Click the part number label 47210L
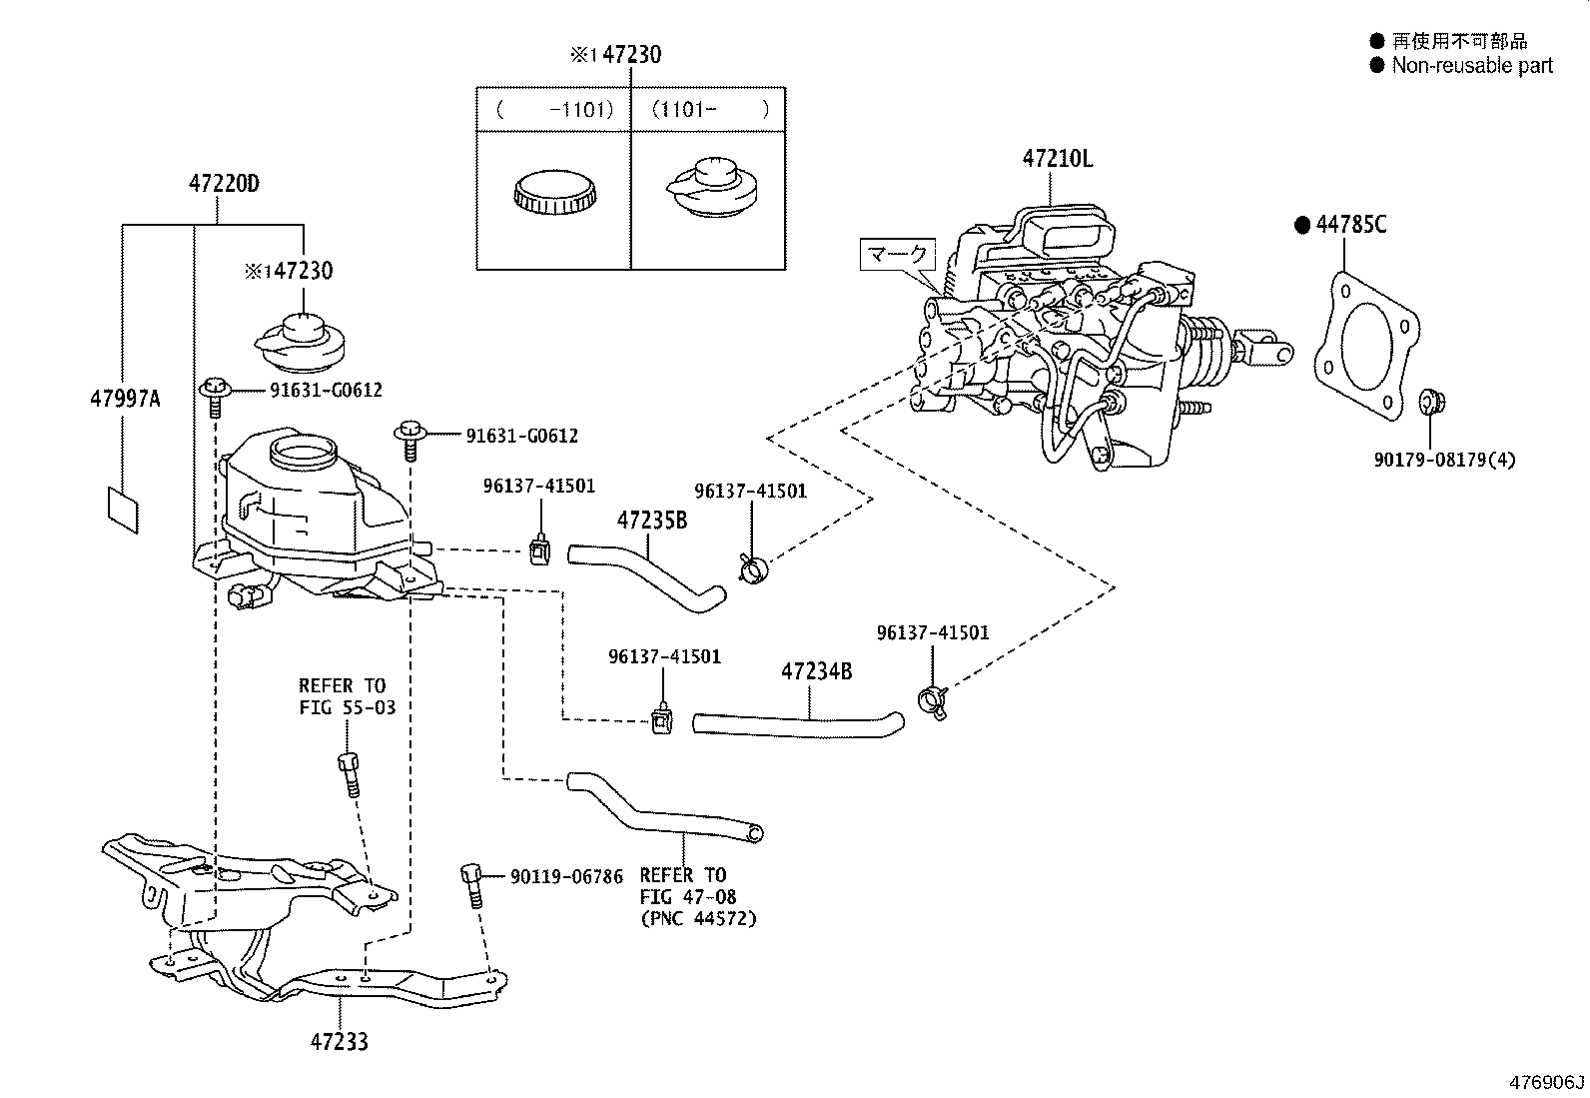pyautogui.click(x=1057, y=158)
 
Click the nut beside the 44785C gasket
pyautogui.click(x=1432, y=402)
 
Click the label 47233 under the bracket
pyautogui.click(x=339, y=1042)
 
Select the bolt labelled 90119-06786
pyautogui.click(x=471, y=884)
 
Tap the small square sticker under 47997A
pyautogui.click(x=123, y=510)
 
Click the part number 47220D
pyautogui.click(x=224, y=184)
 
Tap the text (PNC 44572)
pyautogui.click(x=698, y=918)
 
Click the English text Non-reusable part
pyautogui.click(x=1472, y=66)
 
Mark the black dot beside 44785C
pyautogui.click(x=1301, y=226)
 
